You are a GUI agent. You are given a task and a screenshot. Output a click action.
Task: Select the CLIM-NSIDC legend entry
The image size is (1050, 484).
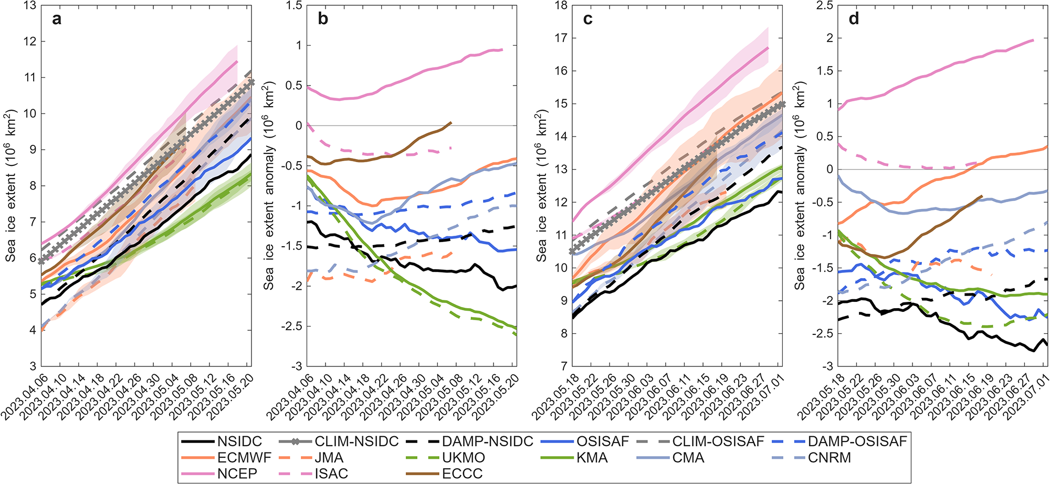pyautogui.click(x=339, y=441)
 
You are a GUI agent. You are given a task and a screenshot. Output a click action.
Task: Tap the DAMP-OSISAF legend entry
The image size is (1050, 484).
pyautogui.click(x=841, y=441)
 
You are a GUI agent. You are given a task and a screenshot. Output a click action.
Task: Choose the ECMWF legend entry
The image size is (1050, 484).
pyautogui.click(x=226, y=458)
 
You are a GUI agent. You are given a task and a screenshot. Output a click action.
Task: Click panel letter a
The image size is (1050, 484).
pyautogui.click(x=57, y=19)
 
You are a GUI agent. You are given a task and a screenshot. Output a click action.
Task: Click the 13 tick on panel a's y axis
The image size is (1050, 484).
pyautogui.click(x=30, y=6)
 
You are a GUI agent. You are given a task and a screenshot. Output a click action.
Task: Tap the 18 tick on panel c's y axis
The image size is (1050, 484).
pyautogui.click(x=561, y=6)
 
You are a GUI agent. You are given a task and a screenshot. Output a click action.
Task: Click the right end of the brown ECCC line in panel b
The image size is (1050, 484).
pyautogui.click(x=451, y=123)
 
